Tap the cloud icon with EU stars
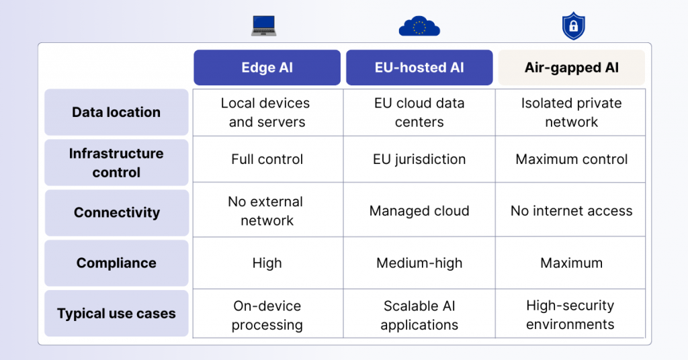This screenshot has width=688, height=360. point(419,26)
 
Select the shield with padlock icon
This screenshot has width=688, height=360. point(572,26)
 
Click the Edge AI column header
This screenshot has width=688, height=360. point(267,68)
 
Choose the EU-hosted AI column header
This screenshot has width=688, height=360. point(419,68)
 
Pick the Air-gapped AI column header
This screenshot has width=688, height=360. point(571,68)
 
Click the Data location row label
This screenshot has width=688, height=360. point(116,112)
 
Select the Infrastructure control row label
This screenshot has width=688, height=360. point(116,163)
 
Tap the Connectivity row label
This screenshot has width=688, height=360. point(116,213)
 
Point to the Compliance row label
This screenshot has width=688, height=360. point(116,263)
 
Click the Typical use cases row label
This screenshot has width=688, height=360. point(116,314)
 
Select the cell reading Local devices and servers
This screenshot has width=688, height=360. point(267,113)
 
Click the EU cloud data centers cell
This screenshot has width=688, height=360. point(419,113)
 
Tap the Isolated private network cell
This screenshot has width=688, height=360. point(571,113)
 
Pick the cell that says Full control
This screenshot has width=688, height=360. point(267,160)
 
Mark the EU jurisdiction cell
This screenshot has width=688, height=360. point(419,160)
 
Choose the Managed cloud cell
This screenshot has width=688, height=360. point(419,211)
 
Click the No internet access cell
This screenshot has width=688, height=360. point(571,211)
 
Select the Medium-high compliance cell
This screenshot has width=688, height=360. point(419,263)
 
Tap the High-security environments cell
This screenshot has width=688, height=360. point(571,315)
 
